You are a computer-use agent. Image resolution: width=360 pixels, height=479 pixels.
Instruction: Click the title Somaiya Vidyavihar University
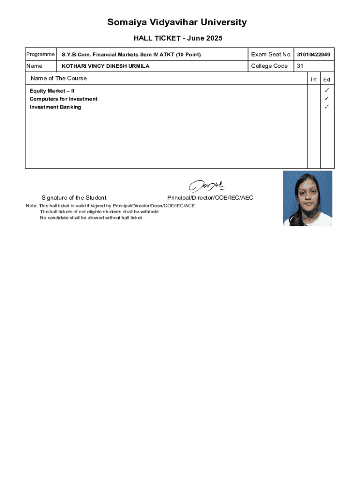(177, 22)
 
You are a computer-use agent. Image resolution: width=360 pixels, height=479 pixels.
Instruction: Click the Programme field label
(40, 54)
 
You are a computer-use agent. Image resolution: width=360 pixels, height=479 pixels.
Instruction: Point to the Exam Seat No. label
(271, 54)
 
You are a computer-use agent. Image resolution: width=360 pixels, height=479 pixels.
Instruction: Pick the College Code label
(269, 66)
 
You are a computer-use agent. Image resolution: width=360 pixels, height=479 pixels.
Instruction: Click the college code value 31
(300, 66)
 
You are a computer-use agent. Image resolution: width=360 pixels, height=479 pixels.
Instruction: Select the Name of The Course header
(58, 78)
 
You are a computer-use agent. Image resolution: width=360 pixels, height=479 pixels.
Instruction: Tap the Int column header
(314, 80)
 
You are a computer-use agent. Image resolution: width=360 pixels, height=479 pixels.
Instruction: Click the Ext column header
(327, 80)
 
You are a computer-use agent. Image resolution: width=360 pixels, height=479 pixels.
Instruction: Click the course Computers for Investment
(64, 99)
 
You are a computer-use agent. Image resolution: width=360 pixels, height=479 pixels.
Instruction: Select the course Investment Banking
(55, 107)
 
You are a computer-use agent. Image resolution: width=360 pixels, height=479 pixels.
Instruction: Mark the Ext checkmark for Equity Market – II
(327, 90)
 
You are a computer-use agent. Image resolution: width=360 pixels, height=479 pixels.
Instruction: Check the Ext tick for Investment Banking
(327, 107)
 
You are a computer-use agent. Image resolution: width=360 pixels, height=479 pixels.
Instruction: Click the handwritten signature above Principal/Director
(207, 186)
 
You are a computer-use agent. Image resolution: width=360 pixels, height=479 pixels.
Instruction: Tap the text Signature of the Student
(74, 198)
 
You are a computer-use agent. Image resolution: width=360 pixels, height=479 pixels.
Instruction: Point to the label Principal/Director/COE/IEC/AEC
(210, 198)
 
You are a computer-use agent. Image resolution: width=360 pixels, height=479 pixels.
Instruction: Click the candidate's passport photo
(307, 198)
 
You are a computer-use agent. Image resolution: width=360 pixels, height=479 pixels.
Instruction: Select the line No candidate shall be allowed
(91, 218)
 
